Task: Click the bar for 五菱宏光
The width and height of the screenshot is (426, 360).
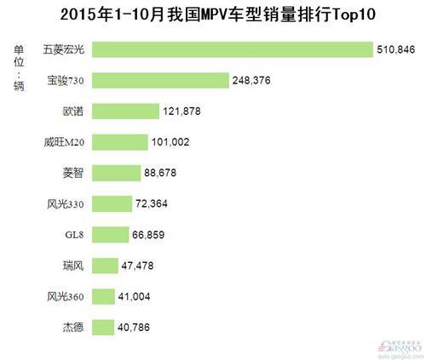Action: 232,49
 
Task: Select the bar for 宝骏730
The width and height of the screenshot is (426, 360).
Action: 160,80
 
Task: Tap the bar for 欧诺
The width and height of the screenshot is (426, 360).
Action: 125,111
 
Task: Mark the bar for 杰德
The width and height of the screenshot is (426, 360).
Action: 102,326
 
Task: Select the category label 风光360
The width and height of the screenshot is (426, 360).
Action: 66,296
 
